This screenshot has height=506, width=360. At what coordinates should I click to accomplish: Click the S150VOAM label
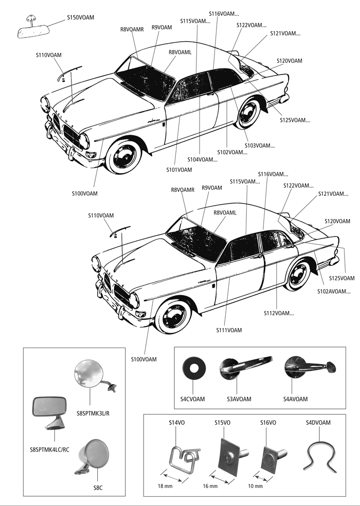click(80, 17)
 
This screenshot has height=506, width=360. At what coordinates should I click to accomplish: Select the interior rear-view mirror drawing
click(33, 29)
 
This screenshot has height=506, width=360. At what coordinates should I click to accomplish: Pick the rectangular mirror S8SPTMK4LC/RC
click(50, 412)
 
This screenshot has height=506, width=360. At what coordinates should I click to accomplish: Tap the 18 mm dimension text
click(165, 486)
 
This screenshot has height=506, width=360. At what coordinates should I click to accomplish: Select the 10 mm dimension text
click(255, 486)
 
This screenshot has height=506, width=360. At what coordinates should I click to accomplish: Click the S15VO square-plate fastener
click(231, 456)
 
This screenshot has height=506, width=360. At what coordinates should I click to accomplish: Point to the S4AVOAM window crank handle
click(309, 367)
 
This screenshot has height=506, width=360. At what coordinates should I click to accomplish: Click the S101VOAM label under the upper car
click(179, 170)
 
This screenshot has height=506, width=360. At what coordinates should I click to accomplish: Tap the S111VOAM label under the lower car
click(229, 330)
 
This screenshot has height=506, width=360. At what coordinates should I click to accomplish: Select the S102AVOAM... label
click(334, 292)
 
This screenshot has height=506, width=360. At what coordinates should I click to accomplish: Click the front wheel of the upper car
click(124, 156)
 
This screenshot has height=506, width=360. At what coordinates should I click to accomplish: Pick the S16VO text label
click(268, 422)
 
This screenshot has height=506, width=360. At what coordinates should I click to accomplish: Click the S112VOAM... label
click(279, 313)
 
